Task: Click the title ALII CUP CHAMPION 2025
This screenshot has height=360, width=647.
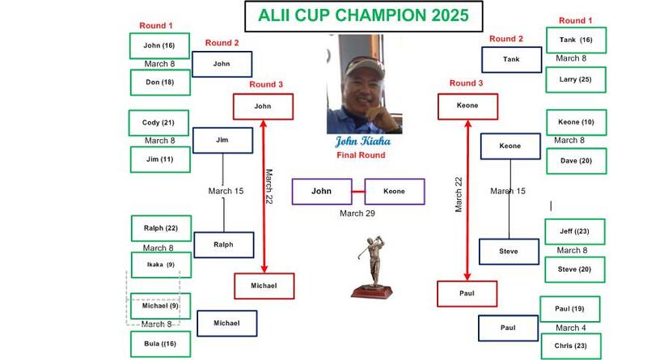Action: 363,15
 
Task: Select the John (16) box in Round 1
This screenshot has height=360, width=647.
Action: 159,45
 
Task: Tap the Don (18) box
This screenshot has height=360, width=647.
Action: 160,83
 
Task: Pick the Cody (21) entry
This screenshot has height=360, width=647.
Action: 159,123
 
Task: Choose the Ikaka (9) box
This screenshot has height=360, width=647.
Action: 161,265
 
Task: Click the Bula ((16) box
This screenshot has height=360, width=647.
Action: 160,344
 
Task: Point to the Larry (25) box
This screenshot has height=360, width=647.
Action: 576,79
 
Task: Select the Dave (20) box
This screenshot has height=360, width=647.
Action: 577,161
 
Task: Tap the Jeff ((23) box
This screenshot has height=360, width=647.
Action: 575,231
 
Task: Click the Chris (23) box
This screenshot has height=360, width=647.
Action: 571,346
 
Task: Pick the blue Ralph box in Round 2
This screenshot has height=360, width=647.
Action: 224,245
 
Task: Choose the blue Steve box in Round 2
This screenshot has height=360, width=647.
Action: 509,252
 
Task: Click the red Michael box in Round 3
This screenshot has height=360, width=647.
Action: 264,286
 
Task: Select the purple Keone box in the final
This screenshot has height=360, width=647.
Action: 395,192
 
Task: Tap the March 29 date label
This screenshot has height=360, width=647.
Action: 357,214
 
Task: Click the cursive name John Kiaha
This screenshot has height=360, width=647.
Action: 362,142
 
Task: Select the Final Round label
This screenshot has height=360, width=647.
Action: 361,155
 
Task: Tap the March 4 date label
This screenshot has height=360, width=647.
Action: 571,328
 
